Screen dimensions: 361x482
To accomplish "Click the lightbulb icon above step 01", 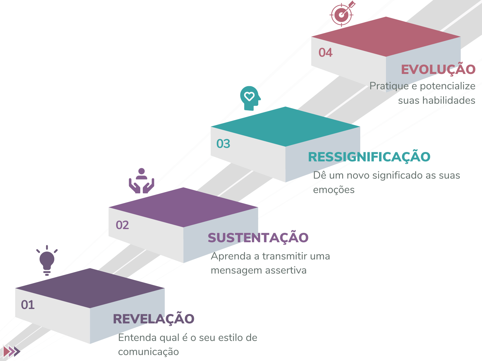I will pyautogui.click(x=47, y=260).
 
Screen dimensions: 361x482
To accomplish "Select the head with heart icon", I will pyautogui.click(x=250, y=98).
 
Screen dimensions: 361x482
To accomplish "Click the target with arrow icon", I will pyautogui.click(x=342, y=14).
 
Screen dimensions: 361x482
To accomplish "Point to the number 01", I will pyautogui.click(x=28, y=305).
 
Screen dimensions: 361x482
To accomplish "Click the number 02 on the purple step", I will pyautogui.click(x=122, y=225).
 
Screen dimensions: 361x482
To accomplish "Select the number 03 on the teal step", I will pyautogui.click(x=223, y=144).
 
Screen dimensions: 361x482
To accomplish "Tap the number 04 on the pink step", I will pyautogui.click(x=325, y=53).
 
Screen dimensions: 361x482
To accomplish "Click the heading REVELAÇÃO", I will pyautogui.click(x=153, y=319).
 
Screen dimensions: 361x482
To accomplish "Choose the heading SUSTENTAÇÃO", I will pyautogui.click(x=258, y=238).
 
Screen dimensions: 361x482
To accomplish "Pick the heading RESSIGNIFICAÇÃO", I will pyautogui.click(x=369, y=157).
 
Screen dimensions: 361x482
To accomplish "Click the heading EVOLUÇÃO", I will pyautogui.click(x=438, y=70).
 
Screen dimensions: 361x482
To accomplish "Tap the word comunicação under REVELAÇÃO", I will pyautogui.click(x=148, y=352).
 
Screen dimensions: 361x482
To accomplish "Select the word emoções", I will pyautogui.click(x=334, y=190).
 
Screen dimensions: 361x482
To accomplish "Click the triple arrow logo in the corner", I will pyautogui.click(x=12, y=352).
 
